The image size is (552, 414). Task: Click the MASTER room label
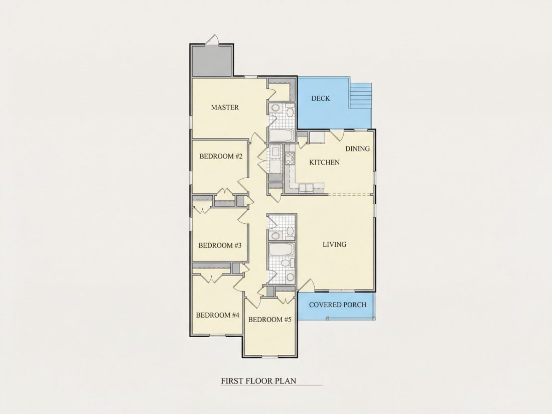(x=225, y=107)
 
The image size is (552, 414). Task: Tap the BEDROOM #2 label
(x=221, y=156)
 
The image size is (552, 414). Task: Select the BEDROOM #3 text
(x=220, y=245)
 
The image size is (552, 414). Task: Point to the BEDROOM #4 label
(x=218, y=315)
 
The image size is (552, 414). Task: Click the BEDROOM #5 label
(x=270, y=320)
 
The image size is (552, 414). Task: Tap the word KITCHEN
(x=325, y=162)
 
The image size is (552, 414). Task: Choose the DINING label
(x=357, y=149)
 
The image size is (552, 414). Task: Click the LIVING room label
(x=334, y=244)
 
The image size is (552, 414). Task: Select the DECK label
(x=321, y=98)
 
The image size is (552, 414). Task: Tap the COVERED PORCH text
(x=338, y=305)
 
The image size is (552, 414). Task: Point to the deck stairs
(x=360, y=96)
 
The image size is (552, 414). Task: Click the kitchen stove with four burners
(x=291, y=159)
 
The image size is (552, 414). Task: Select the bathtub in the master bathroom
(x=282, y=135)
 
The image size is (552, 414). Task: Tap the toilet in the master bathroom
(x=290, y=112)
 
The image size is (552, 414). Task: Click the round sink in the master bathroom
(x=275, y=108)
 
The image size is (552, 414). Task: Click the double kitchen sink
(x=306, y=188)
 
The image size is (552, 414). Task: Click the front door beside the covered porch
(x=306, y=285)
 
